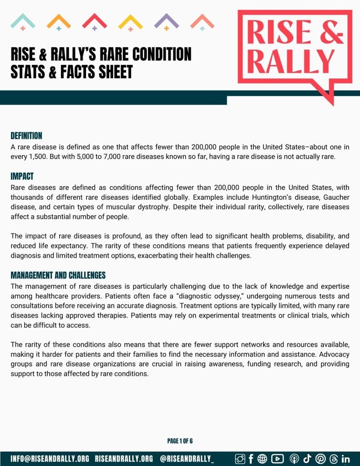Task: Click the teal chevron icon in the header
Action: tap(22, 21)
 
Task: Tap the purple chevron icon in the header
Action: tap(166, 21)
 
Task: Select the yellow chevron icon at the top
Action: tap(130, 21)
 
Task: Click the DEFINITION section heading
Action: tap(26, 136)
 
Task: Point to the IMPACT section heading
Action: tap(22, 176)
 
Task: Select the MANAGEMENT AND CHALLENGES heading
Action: tap(58, 275)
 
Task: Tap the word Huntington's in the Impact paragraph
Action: tap(241, 197)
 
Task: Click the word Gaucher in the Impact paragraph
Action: tap(337, 197)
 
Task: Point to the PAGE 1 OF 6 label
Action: tap(180, 441)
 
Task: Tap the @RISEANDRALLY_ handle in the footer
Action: tap(187, 459)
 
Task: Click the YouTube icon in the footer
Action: tap(277, 459)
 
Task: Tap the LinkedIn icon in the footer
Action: tap(345, 459)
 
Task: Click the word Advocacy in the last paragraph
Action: tap(334, 354)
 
